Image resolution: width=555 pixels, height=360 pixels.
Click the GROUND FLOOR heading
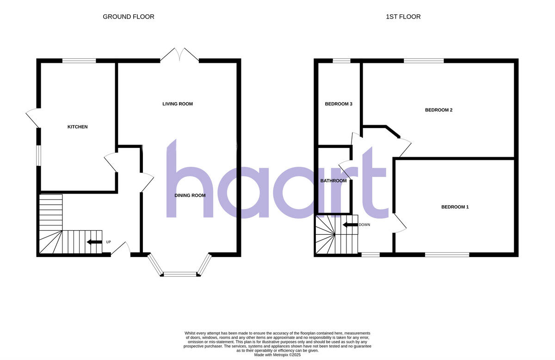click(x=129, y=17)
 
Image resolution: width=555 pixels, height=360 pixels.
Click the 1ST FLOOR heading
click(x=403, y=17)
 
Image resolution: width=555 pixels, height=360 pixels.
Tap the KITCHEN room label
click(x=78, y=127)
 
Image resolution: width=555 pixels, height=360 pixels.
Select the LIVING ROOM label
click(x=178, y=104)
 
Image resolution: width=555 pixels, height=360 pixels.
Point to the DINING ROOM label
click(x=190, y=195)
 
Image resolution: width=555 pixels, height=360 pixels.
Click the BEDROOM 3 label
click(x=339, y=104)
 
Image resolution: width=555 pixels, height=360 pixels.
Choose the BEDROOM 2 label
click(x=438, y=110)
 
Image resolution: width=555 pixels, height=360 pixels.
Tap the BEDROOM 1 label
click(x=455, y=207)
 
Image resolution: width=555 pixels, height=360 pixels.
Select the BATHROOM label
click(x=333, y=181)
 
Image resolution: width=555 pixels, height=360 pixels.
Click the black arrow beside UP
click(x=94, y=242)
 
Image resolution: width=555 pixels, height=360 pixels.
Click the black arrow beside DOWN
click(x=350, y=225)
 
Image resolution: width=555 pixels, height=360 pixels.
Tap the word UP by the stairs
click(x=109, y=242)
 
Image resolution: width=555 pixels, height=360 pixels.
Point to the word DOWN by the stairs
click(x=364, y=225)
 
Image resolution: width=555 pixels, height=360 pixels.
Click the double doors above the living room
click(x=179, y=55)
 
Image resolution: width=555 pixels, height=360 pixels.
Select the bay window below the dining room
click(x=180, y=274)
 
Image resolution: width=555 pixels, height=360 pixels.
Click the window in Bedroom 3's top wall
click(x=341, y=61)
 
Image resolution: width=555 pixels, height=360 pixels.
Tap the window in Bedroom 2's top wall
click(x=424, y=61)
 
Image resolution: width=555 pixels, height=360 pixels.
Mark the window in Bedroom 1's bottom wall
click(x=447, y=254)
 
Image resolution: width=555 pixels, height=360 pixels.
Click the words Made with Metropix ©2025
click(x=277, y=355)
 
